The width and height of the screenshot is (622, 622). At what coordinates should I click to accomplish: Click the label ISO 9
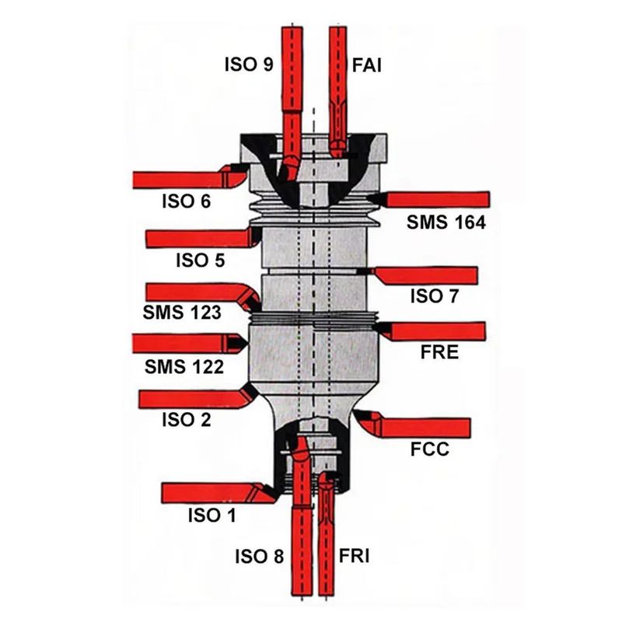[x=247, y=65]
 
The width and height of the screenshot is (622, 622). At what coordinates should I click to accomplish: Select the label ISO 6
[x=185, y=202]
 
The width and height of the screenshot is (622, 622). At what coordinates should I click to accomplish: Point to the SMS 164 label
[x=446, y=222]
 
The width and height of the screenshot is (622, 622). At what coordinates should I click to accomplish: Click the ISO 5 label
[x=199, y=260]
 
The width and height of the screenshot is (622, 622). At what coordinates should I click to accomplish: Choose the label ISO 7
[x=435, y=295]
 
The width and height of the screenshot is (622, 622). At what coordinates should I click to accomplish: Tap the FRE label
[x=439, y=352]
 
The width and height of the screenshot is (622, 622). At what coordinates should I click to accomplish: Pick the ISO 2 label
[x=186, y=421]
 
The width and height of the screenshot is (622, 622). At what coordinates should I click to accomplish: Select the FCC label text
[x=430, y=450]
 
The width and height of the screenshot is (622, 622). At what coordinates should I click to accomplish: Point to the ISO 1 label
[x=211, y=515]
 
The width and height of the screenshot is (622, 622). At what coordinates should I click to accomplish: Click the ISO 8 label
[x=260, y=557]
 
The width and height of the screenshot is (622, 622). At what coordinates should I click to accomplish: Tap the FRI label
[x=355, y=557]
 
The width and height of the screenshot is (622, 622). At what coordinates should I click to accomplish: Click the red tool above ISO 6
[x=187, y=179]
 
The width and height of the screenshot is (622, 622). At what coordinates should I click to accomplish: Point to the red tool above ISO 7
[x=428, y=274]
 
